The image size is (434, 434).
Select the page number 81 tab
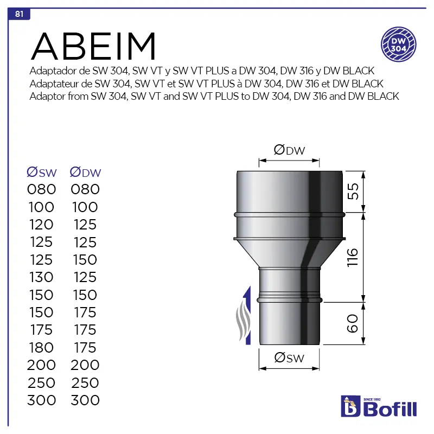pyautogui.click(x=19, y=14)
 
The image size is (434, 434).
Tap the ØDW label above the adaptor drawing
pyautogui.click(x=289, y=151)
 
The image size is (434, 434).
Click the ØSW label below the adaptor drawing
pyautogui.click(x=289, y=358)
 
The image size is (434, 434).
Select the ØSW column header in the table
pyautogui.click(x=42, y=173)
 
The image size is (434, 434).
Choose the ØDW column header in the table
pyautogui.click(x=86, y=173)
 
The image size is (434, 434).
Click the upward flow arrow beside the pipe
pyautogui.click(x=247, y=315)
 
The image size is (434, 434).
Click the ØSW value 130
pyautogui.click(x=41, y=277)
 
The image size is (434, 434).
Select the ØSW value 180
pyautogui.click(x=41, y=347)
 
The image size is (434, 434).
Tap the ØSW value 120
pyautogui.click(x=41, y=225)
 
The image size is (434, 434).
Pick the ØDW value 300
pyautogui.click(x=85, y=400)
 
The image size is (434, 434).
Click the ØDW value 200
pyautogui.click(x=85, y=365)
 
